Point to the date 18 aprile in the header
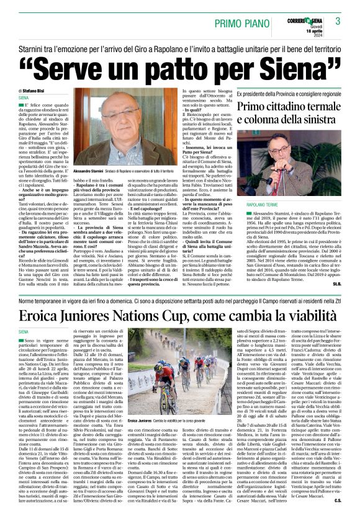click(x=310, y=31)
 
